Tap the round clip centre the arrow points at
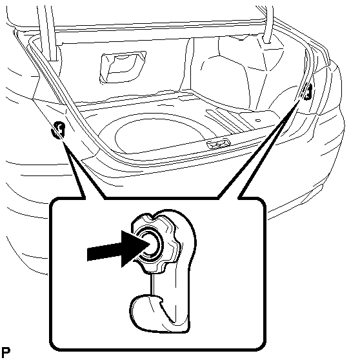coord(151,244)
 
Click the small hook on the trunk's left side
coord(58,130)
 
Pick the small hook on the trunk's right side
coord(307,92)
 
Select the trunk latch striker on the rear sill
coord(218,144)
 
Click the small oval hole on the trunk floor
coord(258,120)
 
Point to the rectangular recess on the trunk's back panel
coord(123,67)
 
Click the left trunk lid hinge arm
coord(48,34)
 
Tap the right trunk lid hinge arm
coord(268,24)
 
